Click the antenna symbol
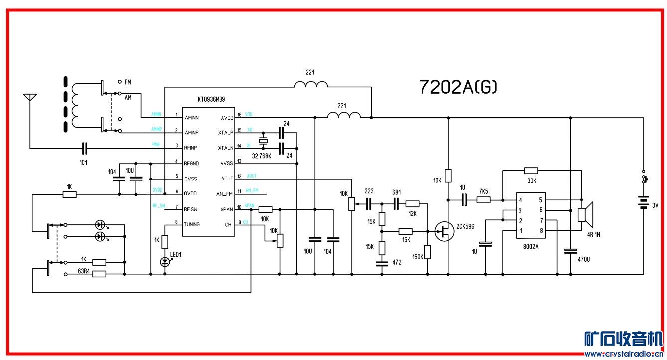[x=30, y=98]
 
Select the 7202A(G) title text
[x=458, y=87]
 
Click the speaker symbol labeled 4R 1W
[x=584, y=213]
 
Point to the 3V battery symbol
[x=643, y=203]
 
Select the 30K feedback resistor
[x=531, y=171]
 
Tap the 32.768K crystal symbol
[x=264, y=140]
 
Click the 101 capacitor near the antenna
[x=84, y=148]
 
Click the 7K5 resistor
[x=483, y=200]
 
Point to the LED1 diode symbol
[x=165, y=261]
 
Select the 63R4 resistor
[x=99, y=273]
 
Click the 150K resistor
[x=428, y=252]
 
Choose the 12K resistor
[x=412, y=203]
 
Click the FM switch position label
[x=128, y=81]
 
